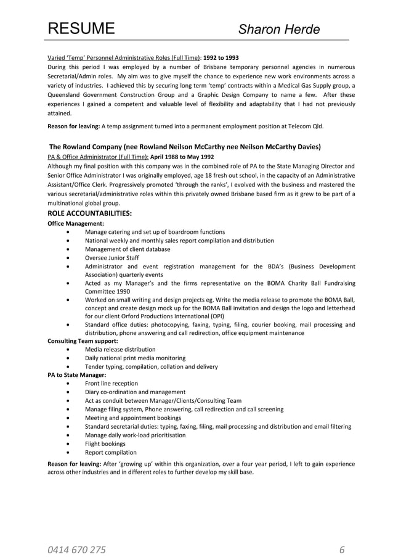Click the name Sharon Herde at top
tap(279, 30)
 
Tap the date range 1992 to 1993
tap(221, 57)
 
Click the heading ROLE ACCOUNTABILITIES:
tap(90, 213)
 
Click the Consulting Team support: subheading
tap(83, 340)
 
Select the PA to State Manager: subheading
tap(77, 374)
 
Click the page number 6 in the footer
tap(342, 550)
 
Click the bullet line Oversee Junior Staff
tap(112, 258)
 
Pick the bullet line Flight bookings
tap(105, 444)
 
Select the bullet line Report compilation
tap(111, 452)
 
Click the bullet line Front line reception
tap(111, 383)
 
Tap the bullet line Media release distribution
tap(120, 349)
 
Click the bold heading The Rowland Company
tap(184, 147)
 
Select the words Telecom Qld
tap(306, 126)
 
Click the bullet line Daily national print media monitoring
tap(135, 358)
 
